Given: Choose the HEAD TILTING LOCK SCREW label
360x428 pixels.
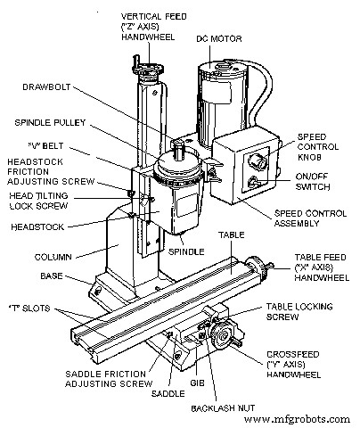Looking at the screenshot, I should point(41,201).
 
